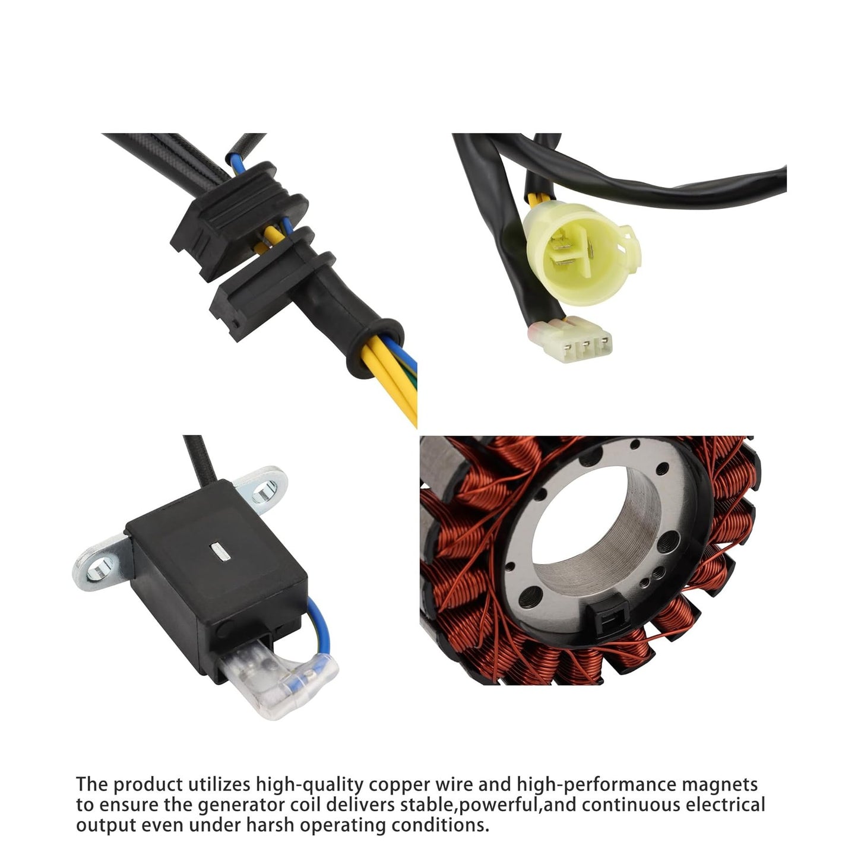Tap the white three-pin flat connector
tap(574, 339)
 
